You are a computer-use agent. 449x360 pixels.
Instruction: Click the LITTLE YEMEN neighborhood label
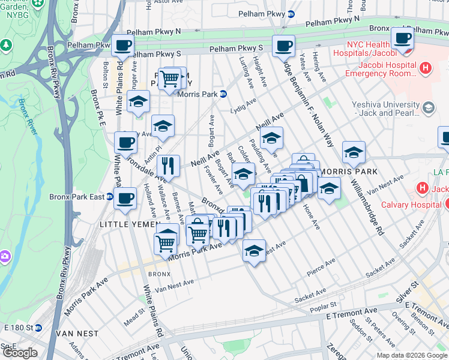click(x=127, y=224)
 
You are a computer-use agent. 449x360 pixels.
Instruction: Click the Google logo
click(x=20, y=353)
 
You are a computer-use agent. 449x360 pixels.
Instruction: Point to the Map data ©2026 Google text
click(x=411, y=355)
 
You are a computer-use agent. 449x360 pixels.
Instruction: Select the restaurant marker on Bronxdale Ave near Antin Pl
click(x=169, y=165)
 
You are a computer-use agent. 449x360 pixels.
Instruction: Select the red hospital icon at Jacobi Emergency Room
click(x=426, y=68)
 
